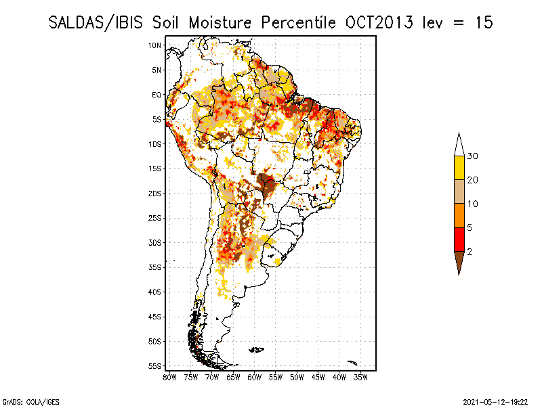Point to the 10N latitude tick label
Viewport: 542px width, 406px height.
(155, 45)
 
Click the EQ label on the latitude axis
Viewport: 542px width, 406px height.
(156, 95)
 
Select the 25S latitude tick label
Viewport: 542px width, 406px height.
(155, 218)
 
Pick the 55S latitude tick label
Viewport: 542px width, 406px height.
(155, 366)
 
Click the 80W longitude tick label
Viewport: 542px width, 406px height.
(169, 376)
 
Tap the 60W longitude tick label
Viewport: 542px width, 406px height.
(255, 376)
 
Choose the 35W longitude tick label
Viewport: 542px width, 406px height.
(361, 376)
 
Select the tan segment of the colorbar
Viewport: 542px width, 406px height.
(459, 191)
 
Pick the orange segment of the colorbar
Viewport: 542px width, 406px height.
(459, 215)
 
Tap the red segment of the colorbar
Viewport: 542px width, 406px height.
(459, 239)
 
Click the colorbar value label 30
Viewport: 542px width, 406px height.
(473, 156)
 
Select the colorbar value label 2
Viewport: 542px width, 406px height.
(470, 252)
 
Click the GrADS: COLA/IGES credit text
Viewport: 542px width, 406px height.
(22, 401)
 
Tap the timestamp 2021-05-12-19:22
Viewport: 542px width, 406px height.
(495, 401)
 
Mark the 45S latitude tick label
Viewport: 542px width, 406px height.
(155, 317)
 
